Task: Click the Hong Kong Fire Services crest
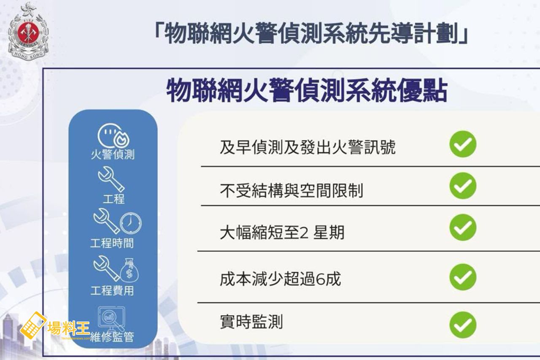(28, 31)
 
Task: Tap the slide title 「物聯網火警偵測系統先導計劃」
(311, 34)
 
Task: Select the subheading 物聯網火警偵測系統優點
(307, 91)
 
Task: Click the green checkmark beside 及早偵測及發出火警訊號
(463, 144)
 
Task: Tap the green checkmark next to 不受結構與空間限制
(463, 186)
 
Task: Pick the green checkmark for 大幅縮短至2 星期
(463, 227)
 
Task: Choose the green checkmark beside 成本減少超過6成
(463, 277)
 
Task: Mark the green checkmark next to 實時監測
(463, 325)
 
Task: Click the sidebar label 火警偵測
(113, 154)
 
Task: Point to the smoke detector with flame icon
(113, 136)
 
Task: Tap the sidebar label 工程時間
(112, 243)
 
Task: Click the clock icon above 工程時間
(131, 223)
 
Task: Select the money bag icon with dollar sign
(130, 270)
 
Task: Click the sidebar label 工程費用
(112, 290)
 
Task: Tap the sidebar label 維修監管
(112, 337)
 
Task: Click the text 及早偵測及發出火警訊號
(308, 147)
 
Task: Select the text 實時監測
(251, 322)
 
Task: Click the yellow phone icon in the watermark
(33, 325)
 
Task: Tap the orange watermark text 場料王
(69, 328)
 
